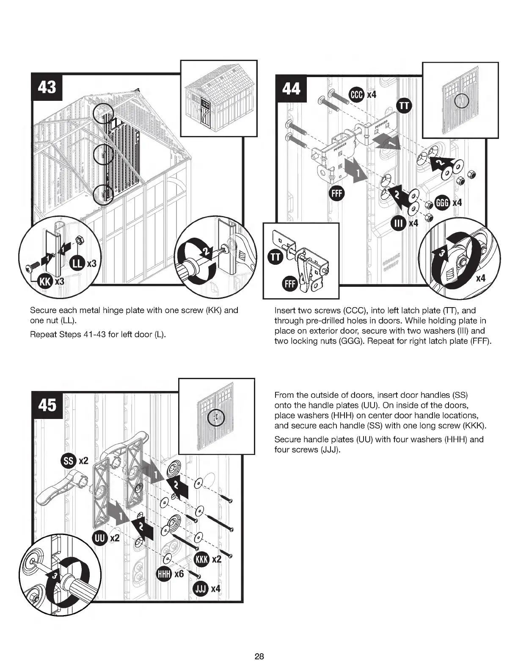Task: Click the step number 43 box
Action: pos(47,88)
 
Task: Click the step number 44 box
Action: pos(291,89)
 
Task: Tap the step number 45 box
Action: pos(47,405)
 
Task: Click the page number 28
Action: pos(259,657)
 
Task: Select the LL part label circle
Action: pos(77,263)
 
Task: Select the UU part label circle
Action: pos(99,538)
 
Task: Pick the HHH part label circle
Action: pos(164,574)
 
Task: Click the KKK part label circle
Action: pos(201,559)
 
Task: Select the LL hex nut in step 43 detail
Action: pos(78,241)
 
